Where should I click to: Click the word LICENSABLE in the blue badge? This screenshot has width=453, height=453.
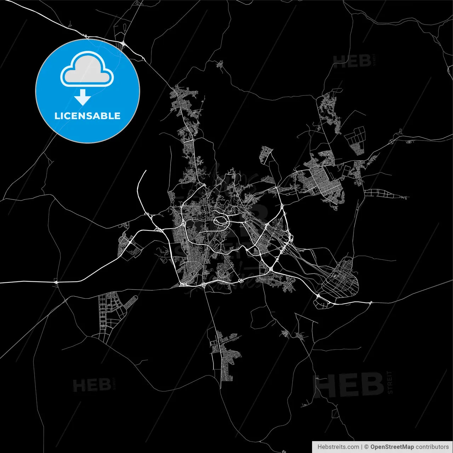click(87, 116)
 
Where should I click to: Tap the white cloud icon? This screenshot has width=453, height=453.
click(87, 69)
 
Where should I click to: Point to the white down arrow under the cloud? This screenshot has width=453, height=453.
click(83, 97)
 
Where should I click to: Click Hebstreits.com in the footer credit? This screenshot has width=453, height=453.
click(338, 447)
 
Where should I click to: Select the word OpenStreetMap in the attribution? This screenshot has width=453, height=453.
click(392, 447)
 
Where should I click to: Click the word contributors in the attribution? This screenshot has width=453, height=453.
click(432, 447)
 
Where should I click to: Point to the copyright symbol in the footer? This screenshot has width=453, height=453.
click(366, 447)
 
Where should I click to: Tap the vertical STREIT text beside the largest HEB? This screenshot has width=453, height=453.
click(390, 382)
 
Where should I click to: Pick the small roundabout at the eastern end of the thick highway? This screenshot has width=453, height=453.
click(371, 302)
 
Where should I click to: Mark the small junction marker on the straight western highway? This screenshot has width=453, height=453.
click(56, 282)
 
